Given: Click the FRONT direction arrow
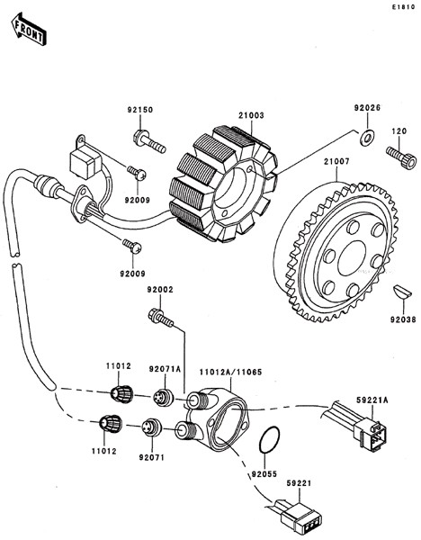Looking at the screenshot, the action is (x=29, y=29).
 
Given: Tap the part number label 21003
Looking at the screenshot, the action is (x=251, y=115).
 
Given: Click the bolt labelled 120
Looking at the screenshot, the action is (x=401, y=156).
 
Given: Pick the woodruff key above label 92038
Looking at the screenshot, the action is (x=402, y=292).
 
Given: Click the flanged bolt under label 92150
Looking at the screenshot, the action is (x=149, y=141).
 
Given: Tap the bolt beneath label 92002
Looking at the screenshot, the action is (x=161, y=318).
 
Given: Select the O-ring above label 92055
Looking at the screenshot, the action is (x=269, y=440).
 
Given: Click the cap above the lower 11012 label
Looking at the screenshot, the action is (x=110, y=423).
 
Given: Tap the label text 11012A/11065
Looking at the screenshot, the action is (x=231, y=372).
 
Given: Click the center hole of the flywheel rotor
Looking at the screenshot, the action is (x=352, y=258).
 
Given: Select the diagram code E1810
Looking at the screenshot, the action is (x=403, y=7).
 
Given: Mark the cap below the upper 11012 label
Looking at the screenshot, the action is (x=121, y=393).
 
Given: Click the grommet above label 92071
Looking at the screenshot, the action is (x=151, y=427).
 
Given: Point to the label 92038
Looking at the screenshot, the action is (x=403, y=319).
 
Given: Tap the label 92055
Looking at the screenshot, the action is (x=264, y=474).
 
